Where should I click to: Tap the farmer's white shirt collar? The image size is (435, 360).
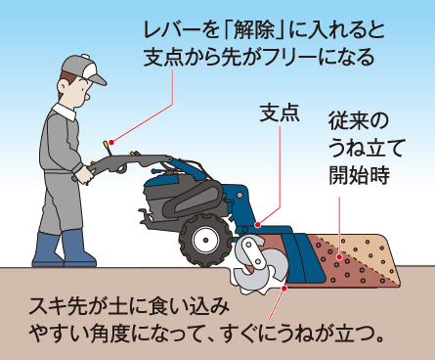(65, 112)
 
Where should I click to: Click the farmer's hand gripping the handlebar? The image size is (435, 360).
(85, 174)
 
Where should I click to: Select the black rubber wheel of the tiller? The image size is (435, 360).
(205, 240)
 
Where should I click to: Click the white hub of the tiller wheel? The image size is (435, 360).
(205, 241)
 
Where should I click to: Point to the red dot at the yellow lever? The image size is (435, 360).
(111, 142)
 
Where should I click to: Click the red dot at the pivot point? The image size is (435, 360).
(258, 225)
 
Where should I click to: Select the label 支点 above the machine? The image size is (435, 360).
(280, 113)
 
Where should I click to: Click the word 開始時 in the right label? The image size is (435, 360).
(359, 175)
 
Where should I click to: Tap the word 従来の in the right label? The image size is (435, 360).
(359, 121)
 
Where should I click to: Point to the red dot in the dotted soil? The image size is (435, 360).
(339, 257)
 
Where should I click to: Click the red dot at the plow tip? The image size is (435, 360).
(284, 289)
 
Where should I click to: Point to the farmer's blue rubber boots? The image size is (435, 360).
(65, 249)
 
